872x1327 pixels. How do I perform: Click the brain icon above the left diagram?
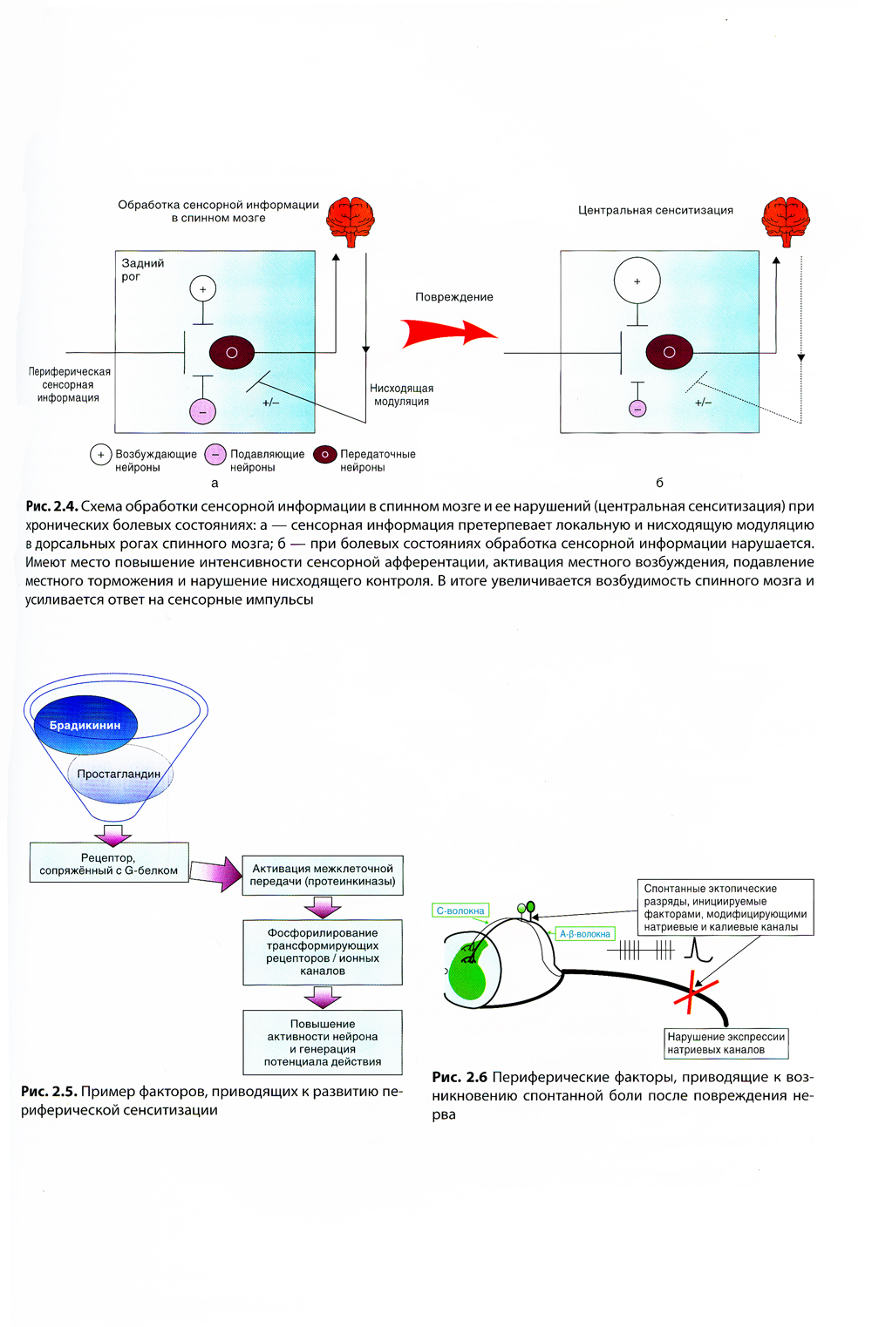tap(351, 221)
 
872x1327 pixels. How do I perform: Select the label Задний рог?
tap(142, 269)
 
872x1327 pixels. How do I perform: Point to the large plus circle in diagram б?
tap(637, 281)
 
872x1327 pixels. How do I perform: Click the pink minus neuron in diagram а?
tap(202, 411)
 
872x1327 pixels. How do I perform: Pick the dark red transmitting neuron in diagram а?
tap(232, 353)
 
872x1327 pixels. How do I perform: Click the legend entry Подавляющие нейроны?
tap(255, 460)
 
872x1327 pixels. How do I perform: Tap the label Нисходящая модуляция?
tap(401, 395)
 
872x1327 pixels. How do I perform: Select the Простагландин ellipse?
tap(119, 774)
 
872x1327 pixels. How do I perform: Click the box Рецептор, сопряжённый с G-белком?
tap(109, 863)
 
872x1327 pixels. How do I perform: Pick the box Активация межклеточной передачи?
tap(323, 875)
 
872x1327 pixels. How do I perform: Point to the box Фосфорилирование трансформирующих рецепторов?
tap(323, 951)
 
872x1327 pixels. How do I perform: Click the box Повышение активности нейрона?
tap(323, 1042)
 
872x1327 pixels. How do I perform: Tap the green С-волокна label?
tap(460, 911)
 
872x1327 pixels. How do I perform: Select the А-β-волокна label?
tap(585, 934)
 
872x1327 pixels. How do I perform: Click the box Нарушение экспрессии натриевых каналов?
tap(726, 1043)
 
